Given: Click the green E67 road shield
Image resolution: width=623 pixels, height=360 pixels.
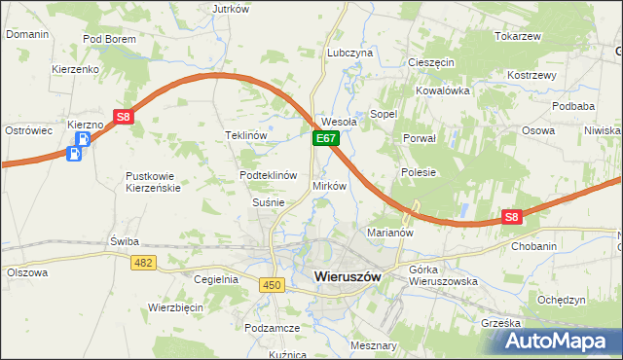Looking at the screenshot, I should [x=325, y=140].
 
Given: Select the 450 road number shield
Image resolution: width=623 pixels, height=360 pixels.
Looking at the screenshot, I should [x=272, y=283].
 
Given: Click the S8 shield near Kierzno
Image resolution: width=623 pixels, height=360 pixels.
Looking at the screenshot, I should [x=123, y=117].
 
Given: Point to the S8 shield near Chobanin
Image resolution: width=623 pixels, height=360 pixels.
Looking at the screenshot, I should [x=512, y=218].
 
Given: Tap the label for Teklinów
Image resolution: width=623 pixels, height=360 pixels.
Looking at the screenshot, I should [x=246, y=135].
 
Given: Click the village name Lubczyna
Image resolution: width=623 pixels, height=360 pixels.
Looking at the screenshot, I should [x=350, y=53].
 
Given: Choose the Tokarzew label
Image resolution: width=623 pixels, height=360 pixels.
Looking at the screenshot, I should [x=517, y=36].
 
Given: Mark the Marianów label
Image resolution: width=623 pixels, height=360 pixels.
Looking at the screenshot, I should [x=390, y=233].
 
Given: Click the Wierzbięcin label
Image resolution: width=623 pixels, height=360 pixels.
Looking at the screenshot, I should [x=175, y=306].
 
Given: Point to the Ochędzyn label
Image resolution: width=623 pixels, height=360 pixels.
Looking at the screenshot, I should [x=561, y=301].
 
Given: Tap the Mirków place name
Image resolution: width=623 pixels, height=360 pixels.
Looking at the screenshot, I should [x=329, y=185].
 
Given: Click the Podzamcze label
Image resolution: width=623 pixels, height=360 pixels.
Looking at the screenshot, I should [x=272, y=329].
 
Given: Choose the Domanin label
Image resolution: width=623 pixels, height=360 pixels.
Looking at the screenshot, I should [x=27, y=34].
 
